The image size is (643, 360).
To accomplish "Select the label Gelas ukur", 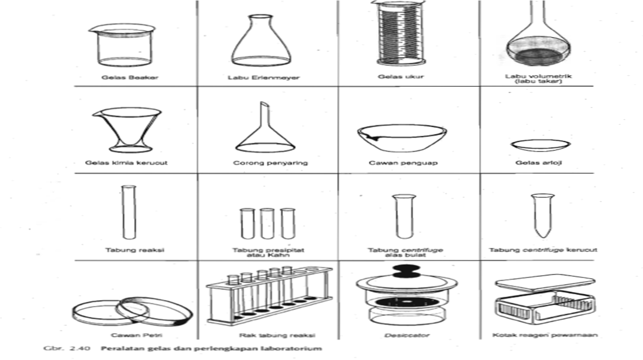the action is click(x=401, y=77).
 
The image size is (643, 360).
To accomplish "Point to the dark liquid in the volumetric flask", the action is click(x=538, y=56).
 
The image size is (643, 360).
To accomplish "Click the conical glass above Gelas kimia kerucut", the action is click(x=127, y=130).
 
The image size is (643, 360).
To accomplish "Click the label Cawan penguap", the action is click(x=403, y=163).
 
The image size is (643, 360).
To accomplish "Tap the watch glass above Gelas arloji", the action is click(x=541, y=145).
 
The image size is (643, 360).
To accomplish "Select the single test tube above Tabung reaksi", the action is click(x=129, y=212).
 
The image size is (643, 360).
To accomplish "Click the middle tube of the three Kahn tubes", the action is click(x=267, y=223).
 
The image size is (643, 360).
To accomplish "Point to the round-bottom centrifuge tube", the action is click(x=404, y=216).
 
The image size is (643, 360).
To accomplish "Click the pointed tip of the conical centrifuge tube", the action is click(x=543, y=237).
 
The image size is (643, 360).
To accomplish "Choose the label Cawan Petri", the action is click(x=137, y=335).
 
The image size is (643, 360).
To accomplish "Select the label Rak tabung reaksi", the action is click(x=277, y=335).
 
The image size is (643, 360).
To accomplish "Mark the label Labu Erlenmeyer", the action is click(x=263, y=77).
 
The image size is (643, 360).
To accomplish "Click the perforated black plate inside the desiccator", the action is click(x=406, y=302).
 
